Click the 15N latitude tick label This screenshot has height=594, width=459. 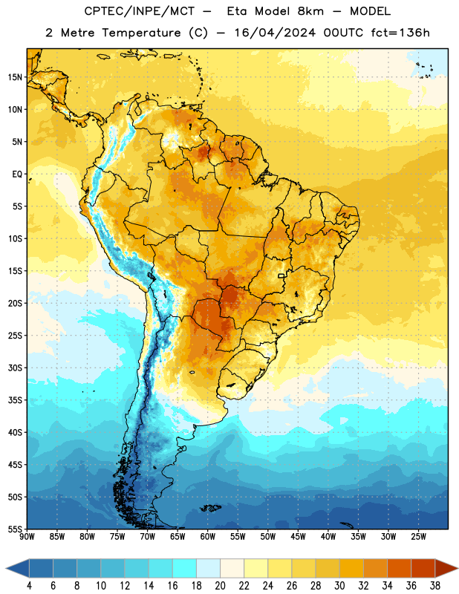[15, 77]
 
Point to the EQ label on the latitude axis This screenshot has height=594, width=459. [17, 174]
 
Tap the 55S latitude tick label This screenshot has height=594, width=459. [15, 529]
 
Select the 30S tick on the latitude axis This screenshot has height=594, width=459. [15, 368]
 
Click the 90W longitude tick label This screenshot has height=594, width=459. [27, 537]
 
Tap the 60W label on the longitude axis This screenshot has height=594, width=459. [208, 537]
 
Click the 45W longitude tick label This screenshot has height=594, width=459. [298, 537]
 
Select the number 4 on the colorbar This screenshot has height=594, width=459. [29, 586]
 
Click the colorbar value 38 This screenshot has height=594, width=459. [435, 586]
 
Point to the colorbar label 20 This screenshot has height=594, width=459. [220, 586]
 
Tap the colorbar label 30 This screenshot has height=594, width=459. [339, 586]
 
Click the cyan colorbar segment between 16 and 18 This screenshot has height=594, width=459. [185, 569]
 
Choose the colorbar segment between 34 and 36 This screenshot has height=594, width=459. [399, 569]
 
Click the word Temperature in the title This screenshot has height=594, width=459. [141, 33]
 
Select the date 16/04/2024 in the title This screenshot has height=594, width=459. [275, 33]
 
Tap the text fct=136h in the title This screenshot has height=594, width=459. [400, 33]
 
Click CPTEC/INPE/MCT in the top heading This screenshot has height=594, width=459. [140, 11]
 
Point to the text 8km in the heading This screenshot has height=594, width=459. [310, 11]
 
